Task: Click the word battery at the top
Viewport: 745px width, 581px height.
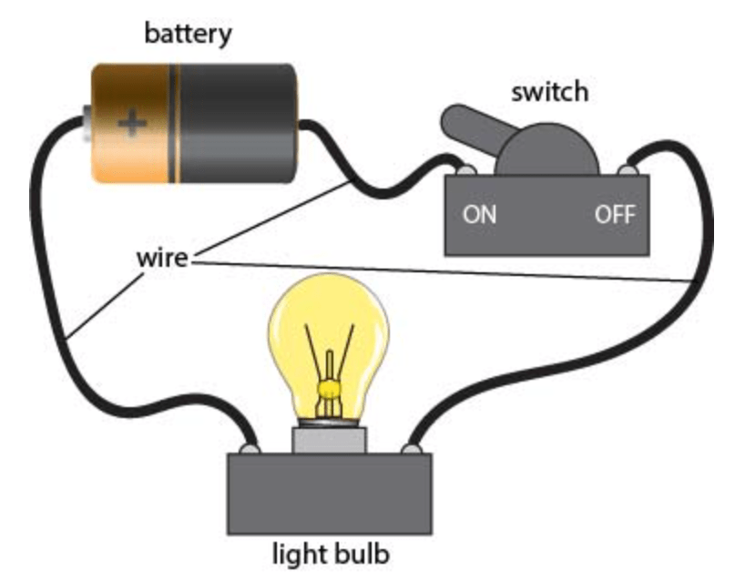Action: [x=189, y=35]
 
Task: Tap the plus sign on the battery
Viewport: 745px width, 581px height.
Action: [x=132, y=123]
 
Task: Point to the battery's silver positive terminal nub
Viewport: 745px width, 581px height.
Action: [x=87, y=123]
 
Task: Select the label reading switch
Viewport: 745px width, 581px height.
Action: [x=550, y=91]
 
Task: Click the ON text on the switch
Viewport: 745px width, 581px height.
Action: [x=479, y=214]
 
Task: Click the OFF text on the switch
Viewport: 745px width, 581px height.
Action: [x=615, y=214]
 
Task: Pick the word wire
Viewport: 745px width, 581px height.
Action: [x=162, y=258]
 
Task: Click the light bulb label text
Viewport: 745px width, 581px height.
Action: [x=331, y=554]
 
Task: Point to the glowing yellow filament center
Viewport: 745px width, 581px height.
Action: [x=329, y=389]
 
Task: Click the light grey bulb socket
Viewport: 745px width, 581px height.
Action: [x=330, y=440]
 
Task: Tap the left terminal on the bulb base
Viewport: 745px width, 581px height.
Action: [x=250, y=448]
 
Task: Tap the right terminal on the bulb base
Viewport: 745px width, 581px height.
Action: [x=412, y=448]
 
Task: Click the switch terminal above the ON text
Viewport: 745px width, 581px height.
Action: [x=465, y=170]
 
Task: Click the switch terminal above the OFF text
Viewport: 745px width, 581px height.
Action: [x=628, y=170]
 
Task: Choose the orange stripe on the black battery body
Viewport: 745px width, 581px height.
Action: [x=174, y=123]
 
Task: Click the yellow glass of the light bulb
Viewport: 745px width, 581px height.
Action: [x=329, y=332]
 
